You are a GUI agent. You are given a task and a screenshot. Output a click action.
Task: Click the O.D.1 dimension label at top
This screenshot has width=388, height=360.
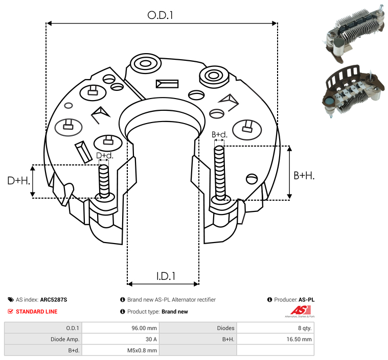(x=161, y=15)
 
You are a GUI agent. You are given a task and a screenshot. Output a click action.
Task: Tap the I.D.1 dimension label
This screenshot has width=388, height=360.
(x=166, y=276)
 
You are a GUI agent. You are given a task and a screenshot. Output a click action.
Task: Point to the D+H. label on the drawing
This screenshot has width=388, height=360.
(x=18, y=181)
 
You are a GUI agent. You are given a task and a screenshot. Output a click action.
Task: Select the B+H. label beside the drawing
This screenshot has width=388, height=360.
(x=304, y=175)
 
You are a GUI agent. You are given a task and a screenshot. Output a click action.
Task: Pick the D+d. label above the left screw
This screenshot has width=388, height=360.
(x=104, y=155)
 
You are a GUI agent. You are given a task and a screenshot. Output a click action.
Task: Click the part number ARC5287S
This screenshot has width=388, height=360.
(x=54, y=300)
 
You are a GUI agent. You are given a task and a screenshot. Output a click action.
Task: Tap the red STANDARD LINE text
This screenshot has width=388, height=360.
(x=37, y=311)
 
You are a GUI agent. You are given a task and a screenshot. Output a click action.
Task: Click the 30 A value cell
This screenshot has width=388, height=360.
(x=151, y=339)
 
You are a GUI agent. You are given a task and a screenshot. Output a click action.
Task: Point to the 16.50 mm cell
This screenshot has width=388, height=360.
(x=299, y=339)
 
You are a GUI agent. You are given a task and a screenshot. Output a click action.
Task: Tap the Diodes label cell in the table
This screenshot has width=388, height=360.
(x=225, y=328)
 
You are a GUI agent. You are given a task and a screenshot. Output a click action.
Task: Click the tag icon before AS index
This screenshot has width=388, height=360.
(x=11, y=300)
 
